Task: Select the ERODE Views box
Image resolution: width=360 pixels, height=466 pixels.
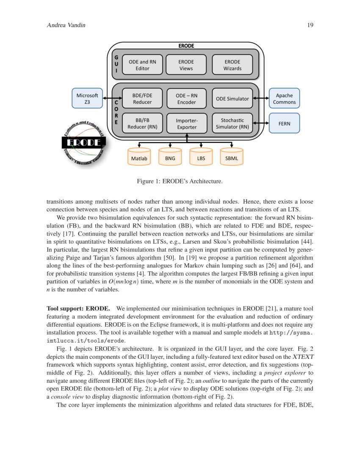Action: (x=186, y=65)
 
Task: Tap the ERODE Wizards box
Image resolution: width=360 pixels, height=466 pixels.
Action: (x=232, y=65)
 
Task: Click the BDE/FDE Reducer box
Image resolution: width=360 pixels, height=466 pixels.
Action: (x=142, y=98)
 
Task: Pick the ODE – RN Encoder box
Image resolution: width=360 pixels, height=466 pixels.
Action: (x=186, y=98)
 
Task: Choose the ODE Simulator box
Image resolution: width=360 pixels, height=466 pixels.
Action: (x=232, y=98)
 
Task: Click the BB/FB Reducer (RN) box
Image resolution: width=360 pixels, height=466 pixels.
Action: (x=142, y=123)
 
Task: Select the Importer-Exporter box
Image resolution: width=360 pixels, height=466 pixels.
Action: (x=186, y=123)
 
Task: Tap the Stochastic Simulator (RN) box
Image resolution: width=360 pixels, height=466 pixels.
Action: (x=232, y=123)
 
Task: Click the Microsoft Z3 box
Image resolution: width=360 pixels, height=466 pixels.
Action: (x=87, y=98)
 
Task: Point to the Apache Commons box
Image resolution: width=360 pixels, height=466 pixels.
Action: (x=284, y=98)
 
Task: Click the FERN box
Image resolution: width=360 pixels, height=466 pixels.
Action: (x=284, y=123)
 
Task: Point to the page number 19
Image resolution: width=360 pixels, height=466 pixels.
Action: (x=310, y=25)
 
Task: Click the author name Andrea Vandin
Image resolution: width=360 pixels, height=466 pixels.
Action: (x=66, y=25)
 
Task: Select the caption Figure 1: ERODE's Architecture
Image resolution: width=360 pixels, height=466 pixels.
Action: (x=180, y=182)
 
